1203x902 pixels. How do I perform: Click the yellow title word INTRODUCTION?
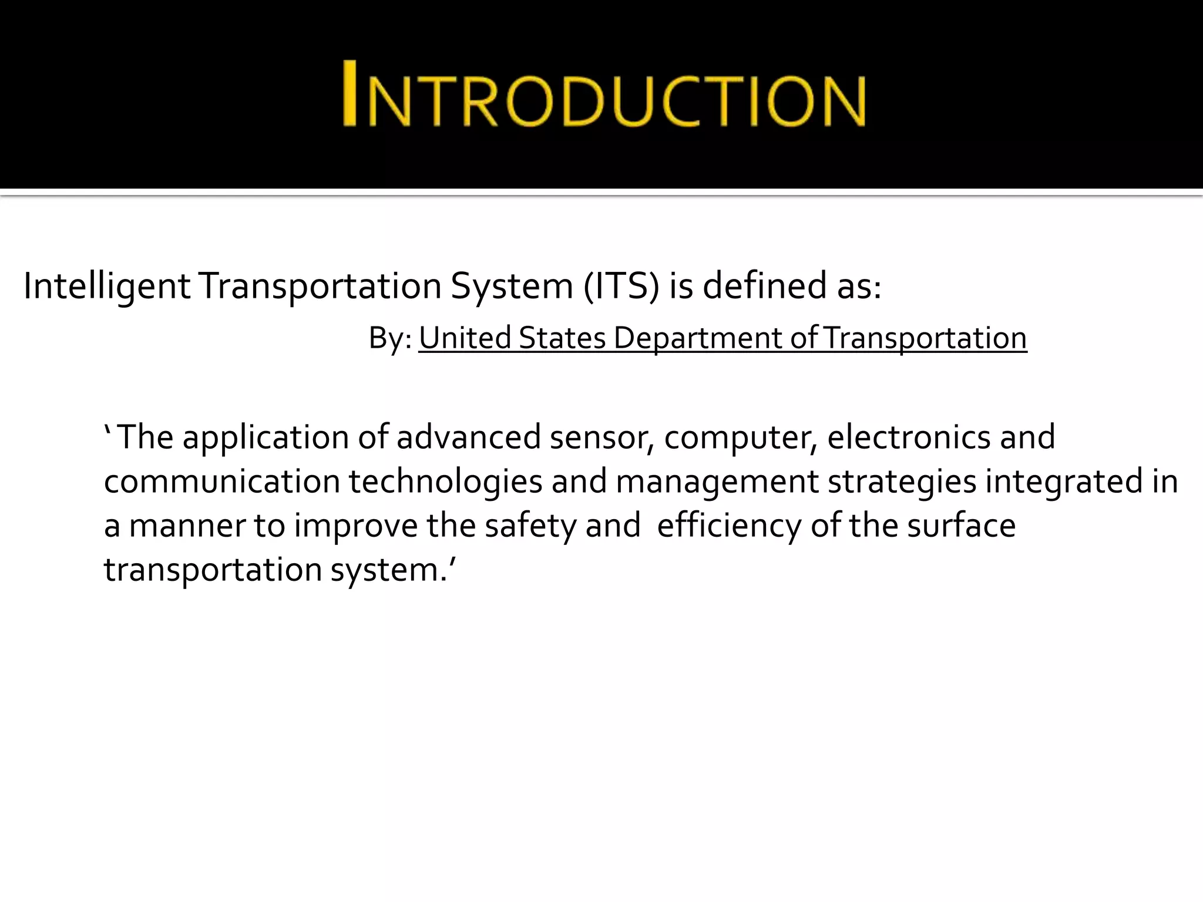[x=604, y=94]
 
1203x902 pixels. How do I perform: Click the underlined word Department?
[x=697, y=339]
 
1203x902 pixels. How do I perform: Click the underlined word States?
[x=562, y=339]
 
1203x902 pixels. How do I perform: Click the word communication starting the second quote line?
[x=222, y=482]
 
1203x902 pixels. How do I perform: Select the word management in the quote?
[x=717, y=482]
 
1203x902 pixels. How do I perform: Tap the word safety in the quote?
[x=531, y=526]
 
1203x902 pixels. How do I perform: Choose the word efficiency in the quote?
[x=729, y=526]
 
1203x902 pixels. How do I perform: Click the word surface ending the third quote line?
[x=961, y=526]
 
